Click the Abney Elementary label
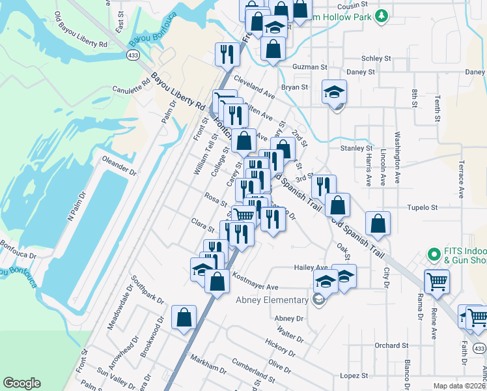pyautogui.click(x=271, y=300)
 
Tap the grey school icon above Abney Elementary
pyautogui.click(x=318, y=300)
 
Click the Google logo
pyautogui.click(x=21, y=383)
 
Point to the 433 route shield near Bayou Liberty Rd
pyautogui.click(x=133, y=56)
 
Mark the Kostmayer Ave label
pyautogui.click(x=255, y=287)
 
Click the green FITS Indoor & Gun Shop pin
pyautogui.click(x=434, y=253)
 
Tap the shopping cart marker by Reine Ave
pyautogui.click(x=437, y=282)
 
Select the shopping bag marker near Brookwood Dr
pyautogui.click(x=184, y=318)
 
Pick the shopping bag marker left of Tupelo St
pyautogui.click(x=378, y=224)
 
